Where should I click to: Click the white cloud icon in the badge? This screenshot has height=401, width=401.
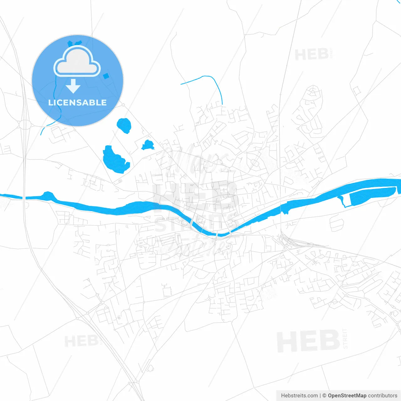77,61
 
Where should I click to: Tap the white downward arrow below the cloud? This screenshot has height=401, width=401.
73,86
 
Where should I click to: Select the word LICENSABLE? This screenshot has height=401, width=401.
77,102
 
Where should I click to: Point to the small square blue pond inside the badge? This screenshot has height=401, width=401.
106,76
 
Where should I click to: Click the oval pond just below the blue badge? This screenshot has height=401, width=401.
124,125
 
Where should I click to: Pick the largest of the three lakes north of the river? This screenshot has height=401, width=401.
115,159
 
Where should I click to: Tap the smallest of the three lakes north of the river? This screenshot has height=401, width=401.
148,145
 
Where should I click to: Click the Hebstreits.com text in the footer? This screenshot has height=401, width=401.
299,396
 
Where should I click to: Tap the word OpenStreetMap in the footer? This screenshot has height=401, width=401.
347,396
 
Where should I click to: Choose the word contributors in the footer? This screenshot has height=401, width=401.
383,396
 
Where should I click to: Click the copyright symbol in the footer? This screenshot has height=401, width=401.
324,396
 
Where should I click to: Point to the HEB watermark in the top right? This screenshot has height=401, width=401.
312,55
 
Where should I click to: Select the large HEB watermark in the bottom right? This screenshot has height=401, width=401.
308,341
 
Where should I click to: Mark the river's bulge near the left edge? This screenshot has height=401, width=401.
48,196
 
